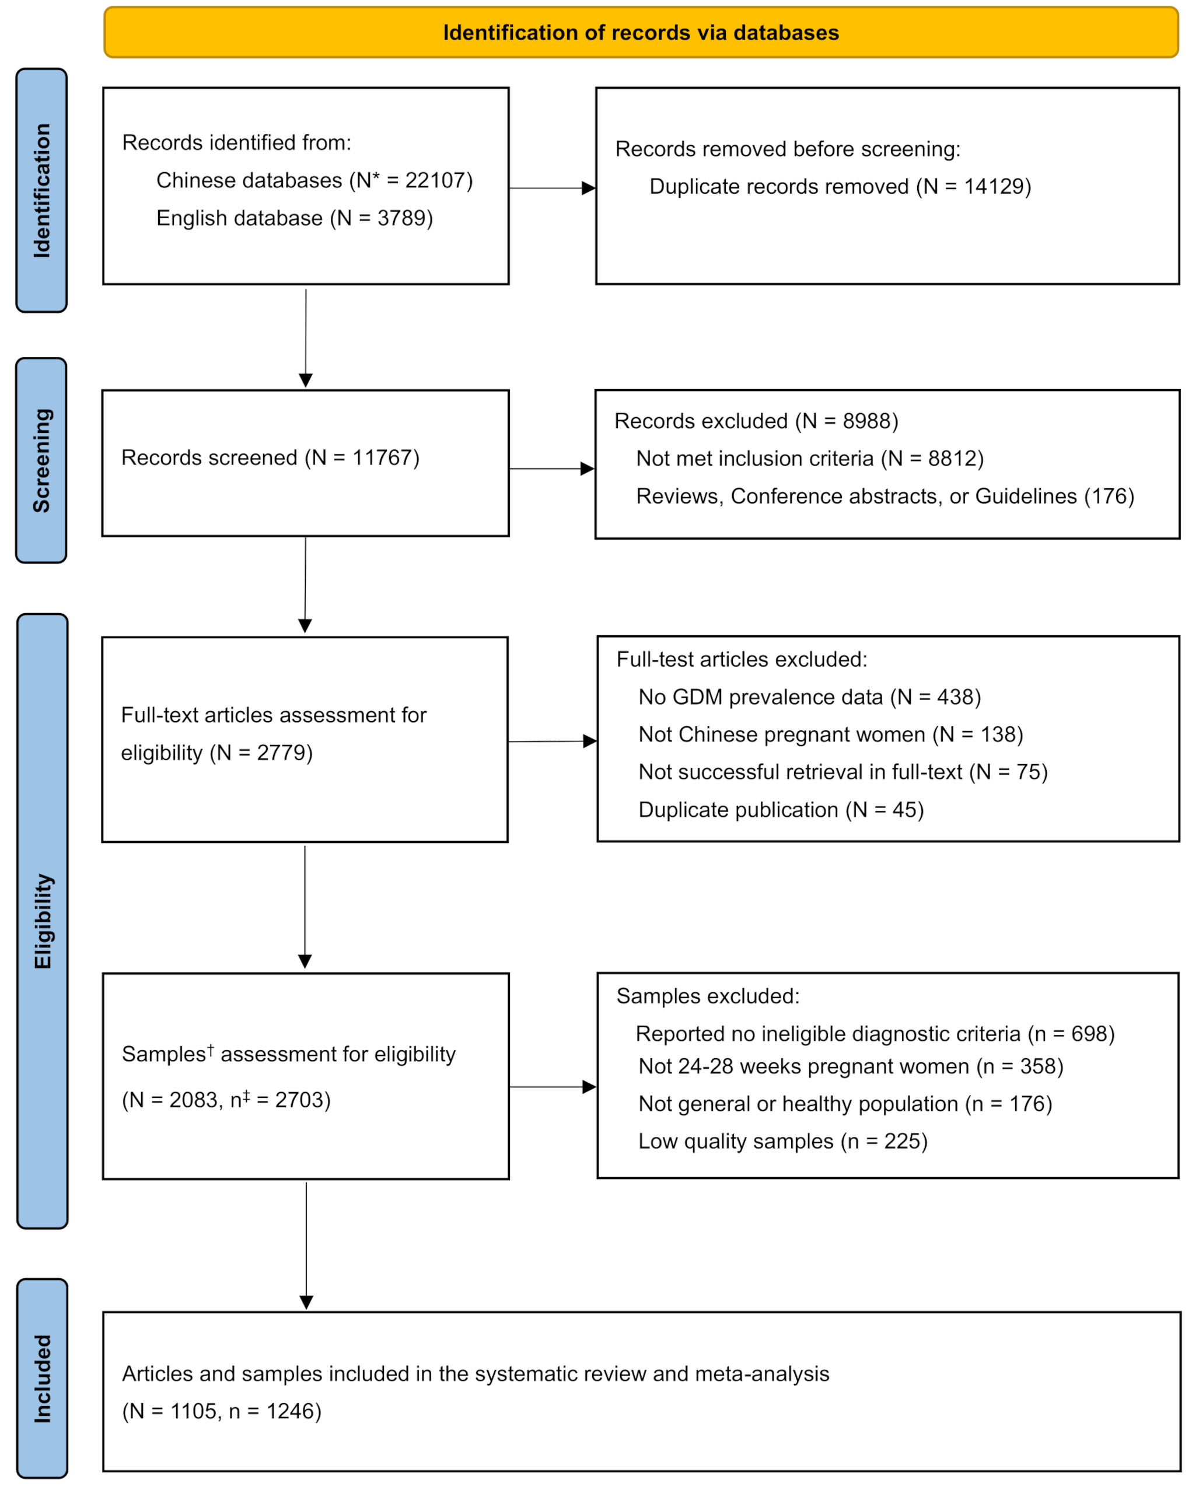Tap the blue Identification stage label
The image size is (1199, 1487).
[41, 190]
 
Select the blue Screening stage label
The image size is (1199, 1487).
[41, 460]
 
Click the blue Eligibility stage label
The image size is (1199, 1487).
[42, 921]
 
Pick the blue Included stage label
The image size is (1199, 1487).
[42, 1378]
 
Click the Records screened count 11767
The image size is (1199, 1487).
[382, 458]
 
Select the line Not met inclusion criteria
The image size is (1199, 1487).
[809, 459]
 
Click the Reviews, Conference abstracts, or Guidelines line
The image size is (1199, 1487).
[884, 496]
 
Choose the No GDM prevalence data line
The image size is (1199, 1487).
[809, 697]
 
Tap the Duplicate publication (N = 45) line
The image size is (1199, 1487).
[781, 810]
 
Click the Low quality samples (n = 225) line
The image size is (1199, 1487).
[782, 1142]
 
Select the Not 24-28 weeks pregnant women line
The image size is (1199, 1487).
[850, 1066]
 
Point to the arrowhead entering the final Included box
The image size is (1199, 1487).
[306, 1302]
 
